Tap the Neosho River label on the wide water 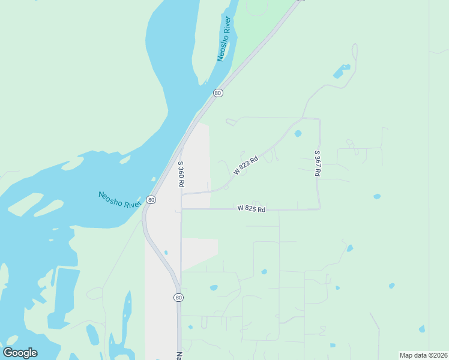point(119,200)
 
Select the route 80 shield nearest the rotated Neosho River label point(218,93)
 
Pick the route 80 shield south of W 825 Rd point(179,298)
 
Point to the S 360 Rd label point(180,174)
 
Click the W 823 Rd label point(246,165)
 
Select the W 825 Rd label point(251,209)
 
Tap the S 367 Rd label point(318,163)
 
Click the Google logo point(20,353)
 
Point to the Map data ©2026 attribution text point(423,355)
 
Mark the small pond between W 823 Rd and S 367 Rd point(298,134)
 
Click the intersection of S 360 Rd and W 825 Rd point(181,209)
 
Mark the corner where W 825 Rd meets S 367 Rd point(319,209)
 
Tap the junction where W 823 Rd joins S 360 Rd point(181,194)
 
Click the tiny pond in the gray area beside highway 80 point(166,253)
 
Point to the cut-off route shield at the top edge point(301,1)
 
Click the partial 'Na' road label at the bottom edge point(179,355)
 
